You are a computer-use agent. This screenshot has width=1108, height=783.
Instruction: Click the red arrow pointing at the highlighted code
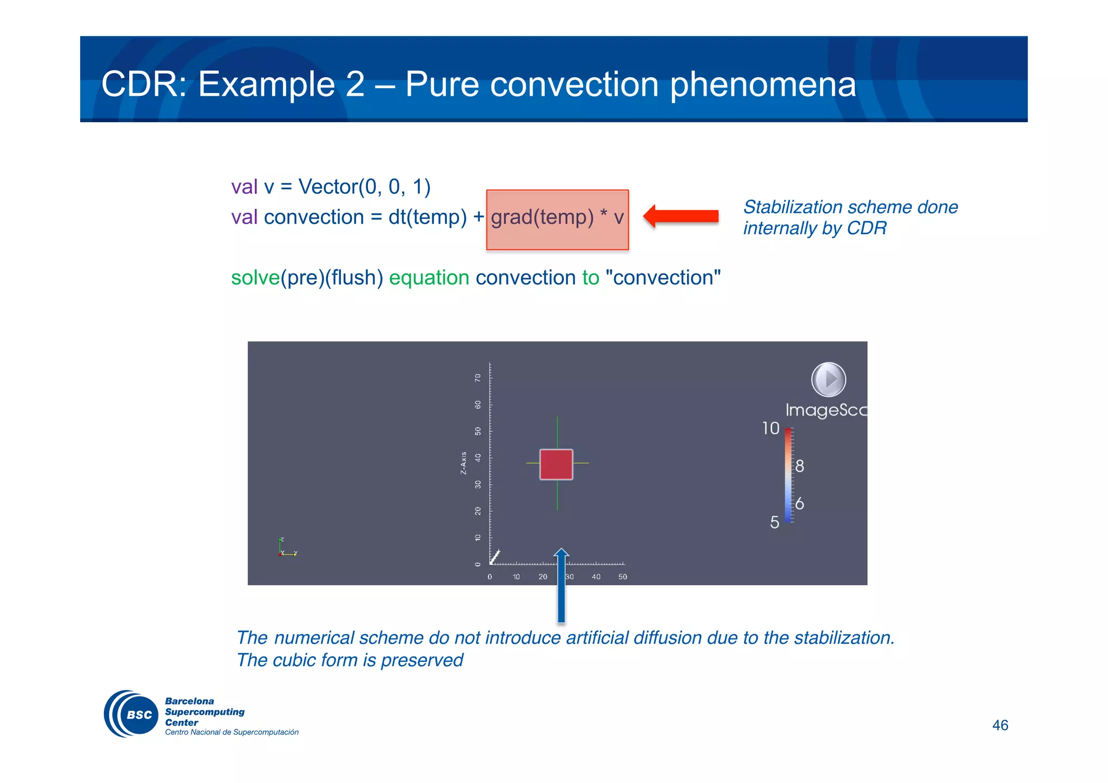pyautogui.click(x=682, y=216)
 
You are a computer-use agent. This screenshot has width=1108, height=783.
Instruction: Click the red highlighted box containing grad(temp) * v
pyautogui.click(x=557, y=219)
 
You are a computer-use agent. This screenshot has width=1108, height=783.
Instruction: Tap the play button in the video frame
pyautogui.click(x=828, y=379)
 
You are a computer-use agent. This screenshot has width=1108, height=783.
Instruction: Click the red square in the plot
pyautogui.click(x=556, y=464)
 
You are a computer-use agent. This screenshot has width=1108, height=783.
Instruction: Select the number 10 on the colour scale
pyautogui.click(x=770, y=429)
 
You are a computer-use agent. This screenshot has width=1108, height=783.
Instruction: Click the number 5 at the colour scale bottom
pyautogui.click(x=774, y=522)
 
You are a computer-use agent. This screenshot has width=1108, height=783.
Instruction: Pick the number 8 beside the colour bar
pyautogui.click(x=799, y=466)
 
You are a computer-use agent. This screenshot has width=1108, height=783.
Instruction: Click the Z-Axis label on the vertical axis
pyautogui.click(x=464, y=463)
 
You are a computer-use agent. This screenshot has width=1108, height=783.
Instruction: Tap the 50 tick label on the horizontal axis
pyautogui.click(x=623, y=577)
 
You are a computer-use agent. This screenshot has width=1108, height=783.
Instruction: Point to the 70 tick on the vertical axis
pyautogui.click(x=478, y=378)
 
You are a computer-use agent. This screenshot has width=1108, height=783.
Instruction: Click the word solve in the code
pyautogui.click(x=255, y=278)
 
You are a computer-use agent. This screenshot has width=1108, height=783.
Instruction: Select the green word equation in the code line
pyautogui.click(x=429, y=278)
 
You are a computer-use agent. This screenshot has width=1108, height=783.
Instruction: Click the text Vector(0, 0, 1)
pyautogui.click(x=364, y=187)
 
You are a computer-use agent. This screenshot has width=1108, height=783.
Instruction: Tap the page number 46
pyautogui.click(x=1000, y=725)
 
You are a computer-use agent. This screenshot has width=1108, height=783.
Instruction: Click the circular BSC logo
pyautogui.click(x=131, y=714)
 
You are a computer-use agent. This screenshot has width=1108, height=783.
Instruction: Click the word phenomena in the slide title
pyautogui.click(x=763, y=84)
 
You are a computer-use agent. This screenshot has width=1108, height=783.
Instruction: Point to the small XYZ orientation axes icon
pyautogui.click(x=287, y=548)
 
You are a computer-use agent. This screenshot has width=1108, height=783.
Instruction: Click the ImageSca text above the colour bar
pyautogui.click(x=826, y=410)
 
